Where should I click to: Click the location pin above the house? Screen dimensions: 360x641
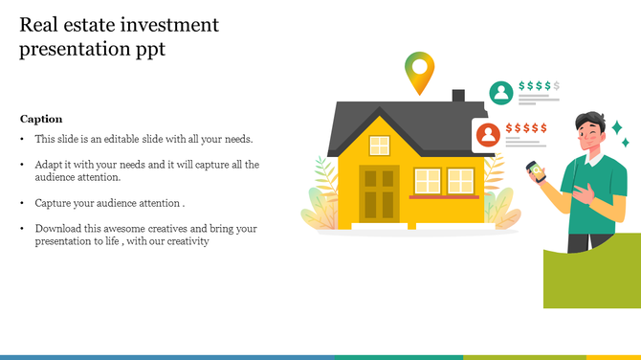(x=419, y=71)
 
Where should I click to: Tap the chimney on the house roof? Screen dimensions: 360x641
(x=458, y=97)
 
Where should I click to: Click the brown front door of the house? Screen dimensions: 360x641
(x=378, y=191)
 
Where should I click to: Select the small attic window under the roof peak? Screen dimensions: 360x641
(x=380, y=146)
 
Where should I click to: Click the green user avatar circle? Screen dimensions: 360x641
(x=499, y=92)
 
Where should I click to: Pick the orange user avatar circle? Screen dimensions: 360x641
(x=488, y=134)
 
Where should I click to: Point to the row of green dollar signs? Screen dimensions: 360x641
(x=539, y=86)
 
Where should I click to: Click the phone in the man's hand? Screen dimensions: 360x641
(x=534, y=171)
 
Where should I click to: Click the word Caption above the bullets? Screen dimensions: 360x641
(x=41, y=119)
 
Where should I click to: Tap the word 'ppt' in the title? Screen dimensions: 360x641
(x=149, y=50)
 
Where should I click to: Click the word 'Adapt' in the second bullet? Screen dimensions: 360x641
(x=49, y=165)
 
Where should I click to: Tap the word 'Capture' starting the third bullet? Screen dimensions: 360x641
(x=55, y=203)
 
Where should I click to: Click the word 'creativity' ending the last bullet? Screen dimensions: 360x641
(x=186, y=241)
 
